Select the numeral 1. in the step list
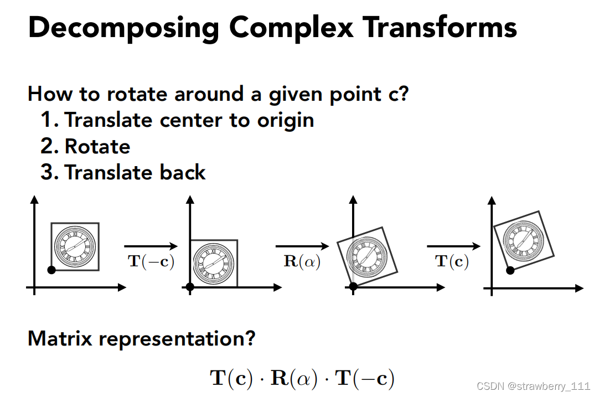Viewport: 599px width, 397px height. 49,120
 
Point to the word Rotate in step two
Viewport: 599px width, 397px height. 97,146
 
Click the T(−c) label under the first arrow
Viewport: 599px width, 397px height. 151,261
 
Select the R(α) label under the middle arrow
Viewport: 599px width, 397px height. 302,261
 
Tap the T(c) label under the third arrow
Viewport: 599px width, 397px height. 452,261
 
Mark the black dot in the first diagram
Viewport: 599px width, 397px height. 51,270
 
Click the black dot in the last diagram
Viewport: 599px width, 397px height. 510,270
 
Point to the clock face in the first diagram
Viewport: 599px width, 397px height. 75,246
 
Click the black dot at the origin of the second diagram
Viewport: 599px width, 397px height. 190,287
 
